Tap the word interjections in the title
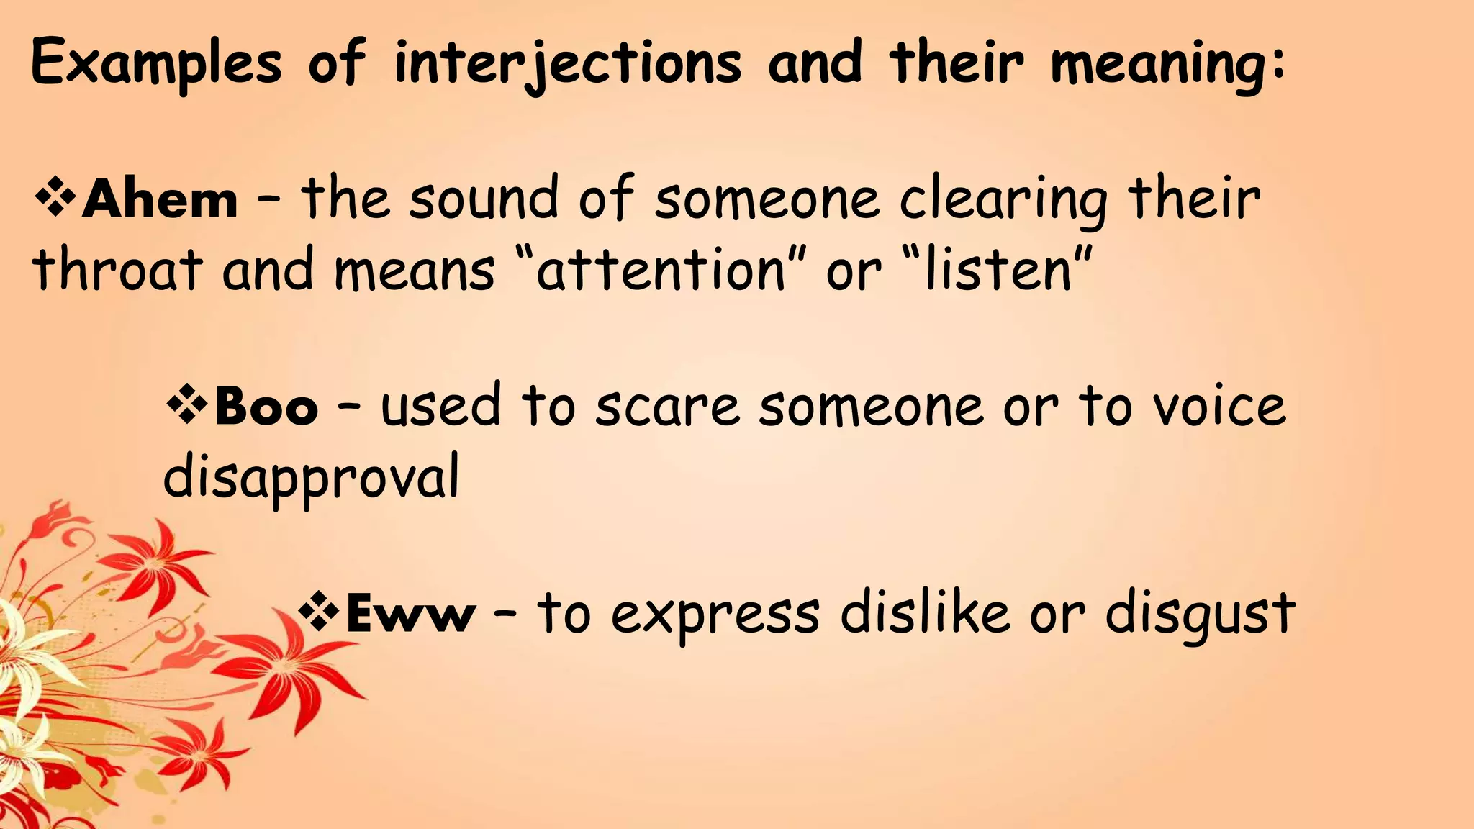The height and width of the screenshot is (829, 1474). [x=567, y=63]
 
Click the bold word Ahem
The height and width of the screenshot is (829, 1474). [x=160, y=199]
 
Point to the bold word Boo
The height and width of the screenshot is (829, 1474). [x=266, y=407]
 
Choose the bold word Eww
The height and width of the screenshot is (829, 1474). [x=410, y=615]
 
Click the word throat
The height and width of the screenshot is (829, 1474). [x=117, y=270]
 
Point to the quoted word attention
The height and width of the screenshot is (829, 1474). [x=661, y=270]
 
